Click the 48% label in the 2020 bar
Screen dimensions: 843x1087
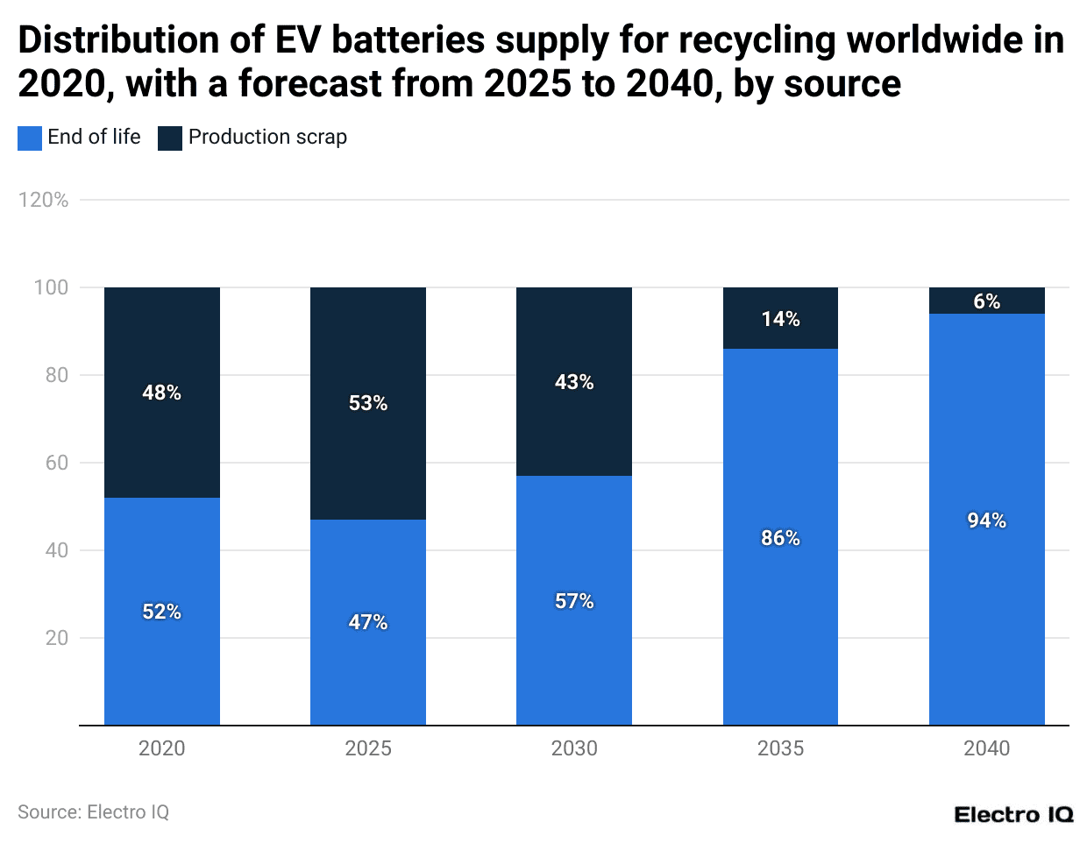pyautogui.click(x=161, y=393)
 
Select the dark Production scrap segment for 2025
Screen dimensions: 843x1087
pyautogui.click(x=368, y=351)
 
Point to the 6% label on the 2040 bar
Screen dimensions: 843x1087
pyautogui.click(x=986, y=301)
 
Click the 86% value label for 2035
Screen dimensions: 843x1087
pyautogui.click(x=780, y=538)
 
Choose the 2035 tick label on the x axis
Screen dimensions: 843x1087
pyautogui.click(x=780, y=748)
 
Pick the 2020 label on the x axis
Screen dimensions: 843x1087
pyautogui.click(x=161, y=748)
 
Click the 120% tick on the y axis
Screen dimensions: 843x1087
pyautogui.click(x=43, y=200)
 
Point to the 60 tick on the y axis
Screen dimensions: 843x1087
pyautogui.click(x=56, y=463)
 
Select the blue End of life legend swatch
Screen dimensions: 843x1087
pyautogui.click(x=30, y=138)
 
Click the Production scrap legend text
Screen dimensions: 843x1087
pyautogui.click(x=267, y=138)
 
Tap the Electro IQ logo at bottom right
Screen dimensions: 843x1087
pyautogui.click(x=1012, y=815)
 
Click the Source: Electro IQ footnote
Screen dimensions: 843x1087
pyautogui.click(x=93, y=812)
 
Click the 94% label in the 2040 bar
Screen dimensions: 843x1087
pyautogui.click(x=986, y=521)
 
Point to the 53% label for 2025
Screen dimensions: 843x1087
pyautogui.click(x=368, y=403)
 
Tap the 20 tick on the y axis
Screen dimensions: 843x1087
pyautogui.click(x=56, y=638)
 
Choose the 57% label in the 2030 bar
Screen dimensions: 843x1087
pyautogui.click(x=574, y=601)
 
